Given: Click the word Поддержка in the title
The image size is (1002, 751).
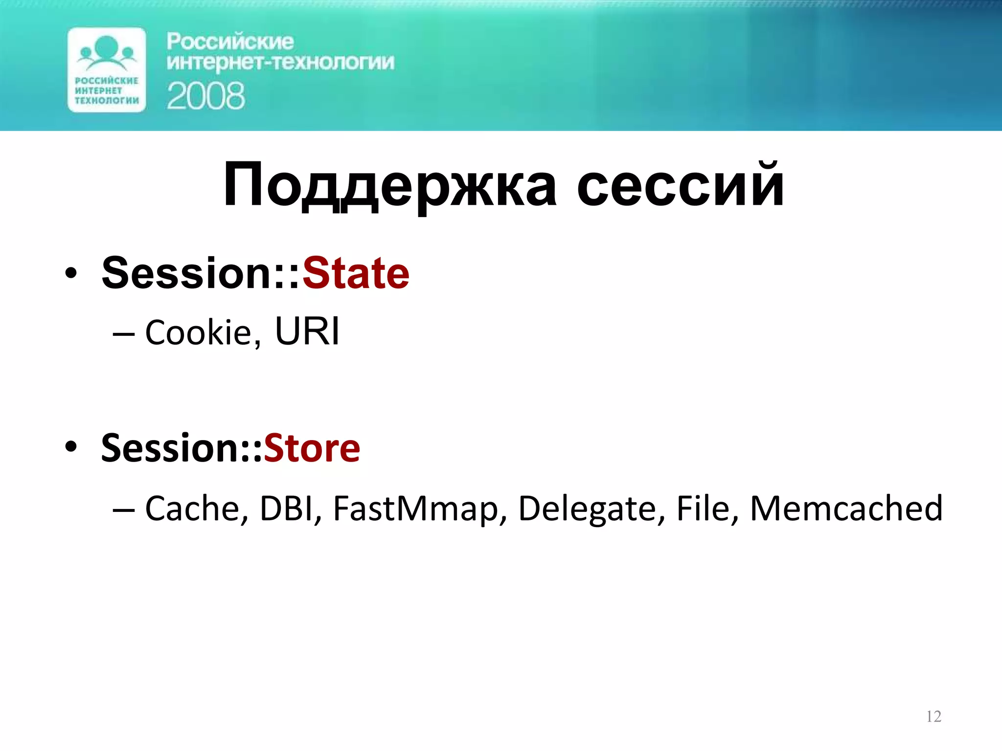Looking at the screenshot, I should point(389,186).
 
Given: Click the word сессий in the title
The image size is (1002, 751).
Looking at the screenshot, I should point(681,186).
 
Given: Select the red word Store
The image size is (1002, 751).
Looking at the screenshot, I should point(312,448).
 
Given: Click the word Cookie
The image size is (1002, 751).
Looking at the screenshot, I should point(198,332).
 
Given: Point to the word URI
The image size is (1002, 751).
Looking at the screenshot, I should point(307,331).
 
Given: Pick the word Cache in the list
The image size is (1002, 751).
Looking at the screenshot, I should point(192,508).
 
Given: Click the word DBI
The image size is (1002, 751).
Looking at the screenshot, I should point(286,508).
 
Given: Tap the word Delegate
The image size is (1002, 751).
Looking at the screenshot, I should point(587,508).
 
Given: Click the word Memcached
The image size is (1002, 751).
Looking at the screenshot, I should point(846,508).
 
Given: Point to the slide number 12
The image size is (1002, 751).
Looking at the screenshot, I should point(934,717).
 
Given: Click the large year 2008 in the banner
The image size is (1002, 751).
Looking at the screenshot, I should point(206,96).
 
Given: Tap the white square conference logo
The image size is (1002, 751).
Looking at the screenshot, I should point(107,70).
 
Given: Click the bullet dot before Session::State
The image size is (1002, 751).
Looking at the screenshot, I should point(71,274).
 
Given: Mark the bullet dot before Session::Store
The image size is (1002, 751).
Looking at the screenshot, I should point(71,447).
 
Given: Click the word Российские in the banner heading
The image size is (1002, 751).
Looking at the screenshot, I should point(230,42).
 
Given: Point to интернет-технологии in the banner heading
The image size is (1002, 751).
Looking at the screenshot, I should point(280,63).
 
